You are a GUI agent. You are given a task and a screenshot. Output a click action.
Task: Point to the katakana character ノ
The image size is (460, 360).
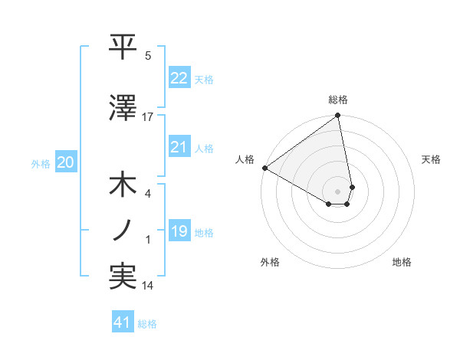(123, 230)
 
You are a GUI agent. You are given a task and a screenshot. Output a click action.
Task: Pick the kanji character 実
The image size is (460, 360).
(123, 276)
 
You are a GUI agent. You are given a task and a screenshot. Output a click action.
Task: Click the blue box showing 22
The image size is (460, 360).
(179, 77)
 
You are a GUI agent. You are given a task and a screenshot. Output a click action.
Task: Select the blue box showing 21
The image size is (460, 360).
(179, 147)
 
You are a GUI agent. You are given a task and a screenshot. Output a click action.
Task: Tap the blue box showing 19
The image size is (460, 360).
(179, 231)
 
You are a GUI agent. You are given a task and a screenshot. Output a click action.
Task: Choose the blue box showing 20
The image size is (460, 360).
(66, 162)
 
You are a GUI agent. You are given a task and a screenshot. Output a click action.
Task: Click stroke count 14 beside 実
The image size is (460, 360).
(148, 286)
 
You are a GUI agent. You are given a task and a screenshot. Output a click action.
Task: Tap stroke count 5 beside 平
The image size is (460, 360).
(148, 56)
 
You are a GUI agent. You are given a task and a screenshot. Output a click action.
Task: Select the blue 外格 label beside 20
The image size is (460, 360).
(41, 163)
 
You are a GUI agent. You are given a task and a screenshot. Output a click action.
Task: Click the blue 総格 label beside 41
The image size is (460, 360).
(147, 324)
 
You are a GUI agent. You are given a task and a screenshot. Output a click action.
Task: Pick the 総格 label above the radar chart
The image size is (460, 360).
(338, 100)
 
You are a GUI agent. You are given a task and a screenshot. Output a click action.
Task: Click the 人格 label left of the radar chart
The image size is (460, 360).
(245, 159)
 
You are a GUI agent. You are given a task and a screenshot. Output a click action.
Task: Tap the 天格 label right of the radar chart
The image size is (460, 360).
(432, 159)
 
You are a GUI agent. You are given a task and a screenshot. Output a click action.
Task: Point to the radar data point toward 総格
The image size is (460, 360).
(337, 116)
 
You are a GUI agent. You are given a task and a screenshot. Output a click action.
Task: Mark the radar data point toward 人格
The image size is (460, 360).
(264, 168)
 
